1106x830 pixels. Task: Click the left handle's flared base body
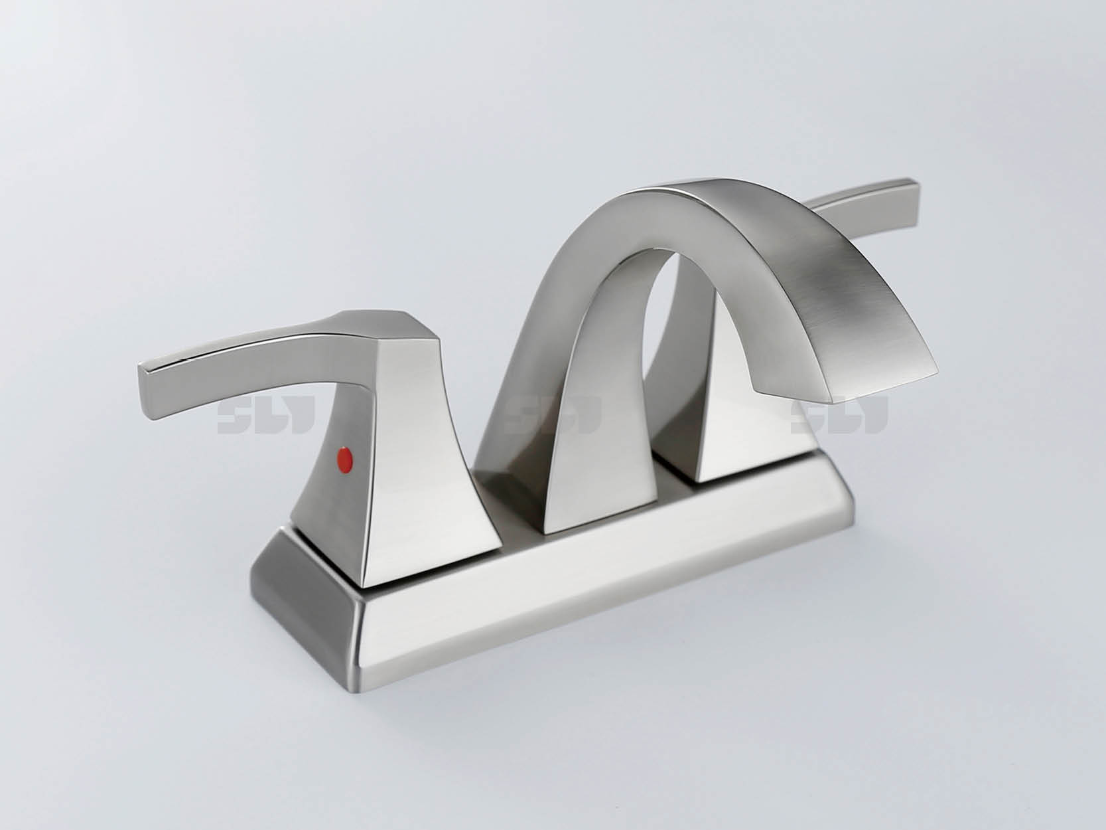425,478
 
